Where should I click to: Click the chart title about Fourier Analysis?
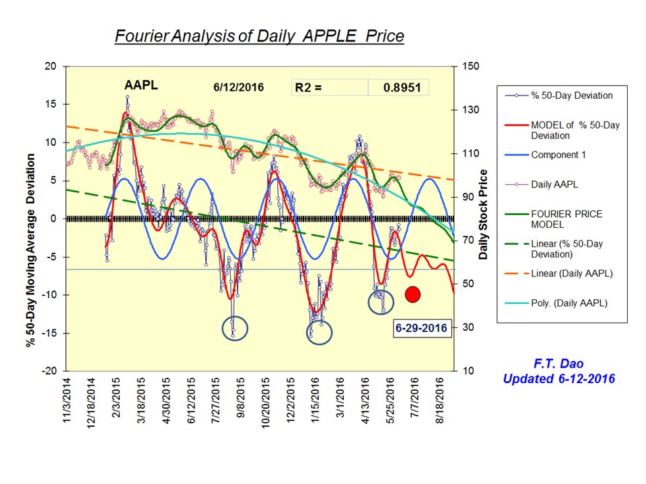click(259, 36)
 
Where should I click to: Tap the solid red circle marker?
click(412, 294)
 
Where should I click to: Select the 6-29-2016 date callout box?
click(422, 329)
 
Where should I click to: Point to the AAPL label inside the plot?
click(141, 85)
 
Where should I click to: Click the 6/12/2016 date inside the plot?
click(239, 87)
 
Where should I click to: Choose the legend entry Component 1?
click(558, 155)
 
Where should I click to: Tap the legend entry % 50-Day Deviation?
click(571, 95)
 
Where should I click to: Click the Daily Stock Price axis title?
click(482, 215)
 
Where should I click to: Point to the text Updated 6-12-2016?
click(559, 379)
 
